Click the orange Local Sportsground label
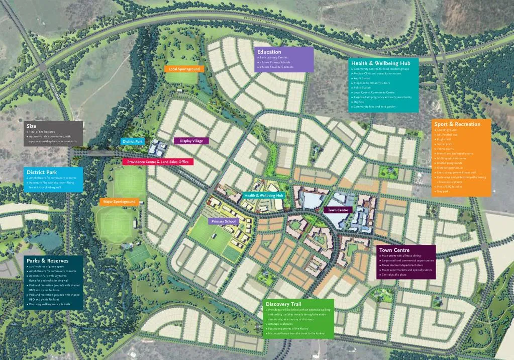(x=184, y=69)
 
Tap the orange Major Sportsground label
(x=119, y=202)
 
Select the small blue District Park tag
(x=133, y=142)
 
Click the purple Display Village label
(x=191, y=141)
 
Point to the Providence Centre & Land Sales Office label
(x=158, y=162)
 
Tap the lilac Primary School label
(x=223, y=221)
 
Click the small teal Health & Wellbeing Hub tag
(x=263, y=195)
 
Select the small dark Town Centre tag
(x=338, y=210)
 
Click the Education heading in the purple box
(x=269, y=52)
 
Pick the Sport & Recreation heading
(x=457, y=124)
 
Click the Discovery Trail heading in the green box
(x=283, y=304)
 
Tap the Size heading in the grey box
(x=31, y=126)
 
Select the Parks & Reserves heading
(x=44, y=261)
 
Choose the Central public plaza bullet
(x=394, y=275)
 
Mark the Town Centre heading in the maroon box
(x=394, y=250)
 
